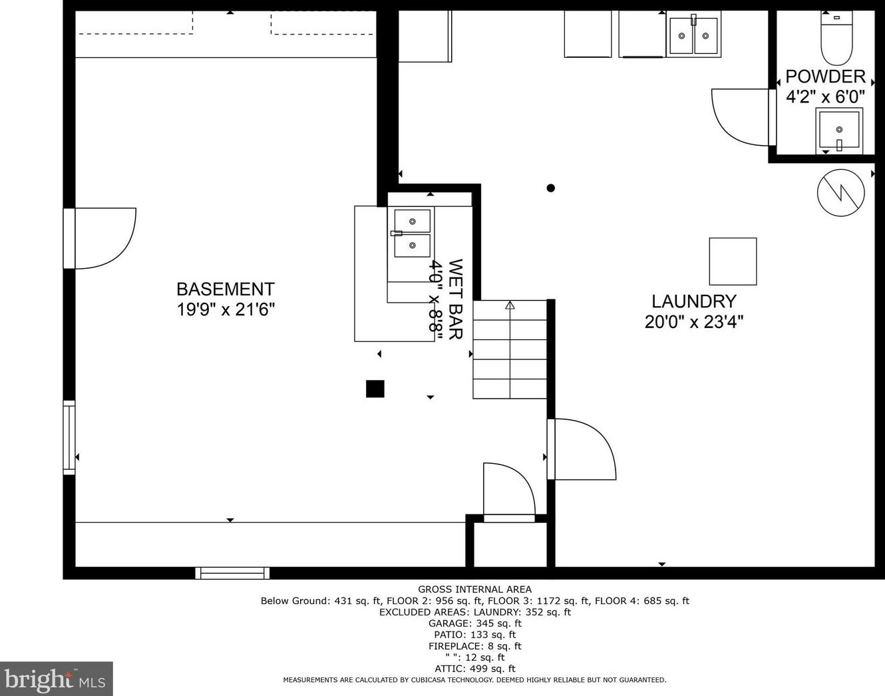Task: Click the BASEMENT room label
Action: point(226,289)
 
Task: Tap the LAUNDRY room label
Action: point(694,301)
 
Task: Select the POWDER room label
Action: point(825,77)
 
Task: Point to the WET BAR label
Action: point(456,299)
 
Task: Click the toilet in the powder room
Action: point(836,38)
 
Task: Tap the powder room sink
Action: point(839,130)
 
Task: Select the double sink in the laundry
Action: point(694,35)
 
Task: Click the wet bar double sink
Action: point(412,234)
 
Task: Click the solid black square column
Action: point(375,389)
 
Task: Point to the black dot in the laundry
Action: point(551,188)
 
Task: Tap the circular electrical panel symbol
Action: point(840,193)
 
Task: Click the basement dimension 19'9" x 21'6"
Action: point(226,310)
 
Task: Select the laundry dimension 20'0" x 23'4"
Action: point(694,322)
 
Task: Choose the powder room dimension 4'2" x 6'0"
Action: point(825,97)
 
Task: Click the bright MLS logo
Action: point(57,679)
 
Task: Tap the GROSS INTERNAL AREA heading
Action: point(474,590)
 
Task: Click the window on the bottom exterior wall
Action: point(232,573)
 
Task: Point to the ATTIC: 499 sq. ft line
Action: point(474,669)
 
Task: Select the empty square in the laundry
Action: point(733,261)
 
